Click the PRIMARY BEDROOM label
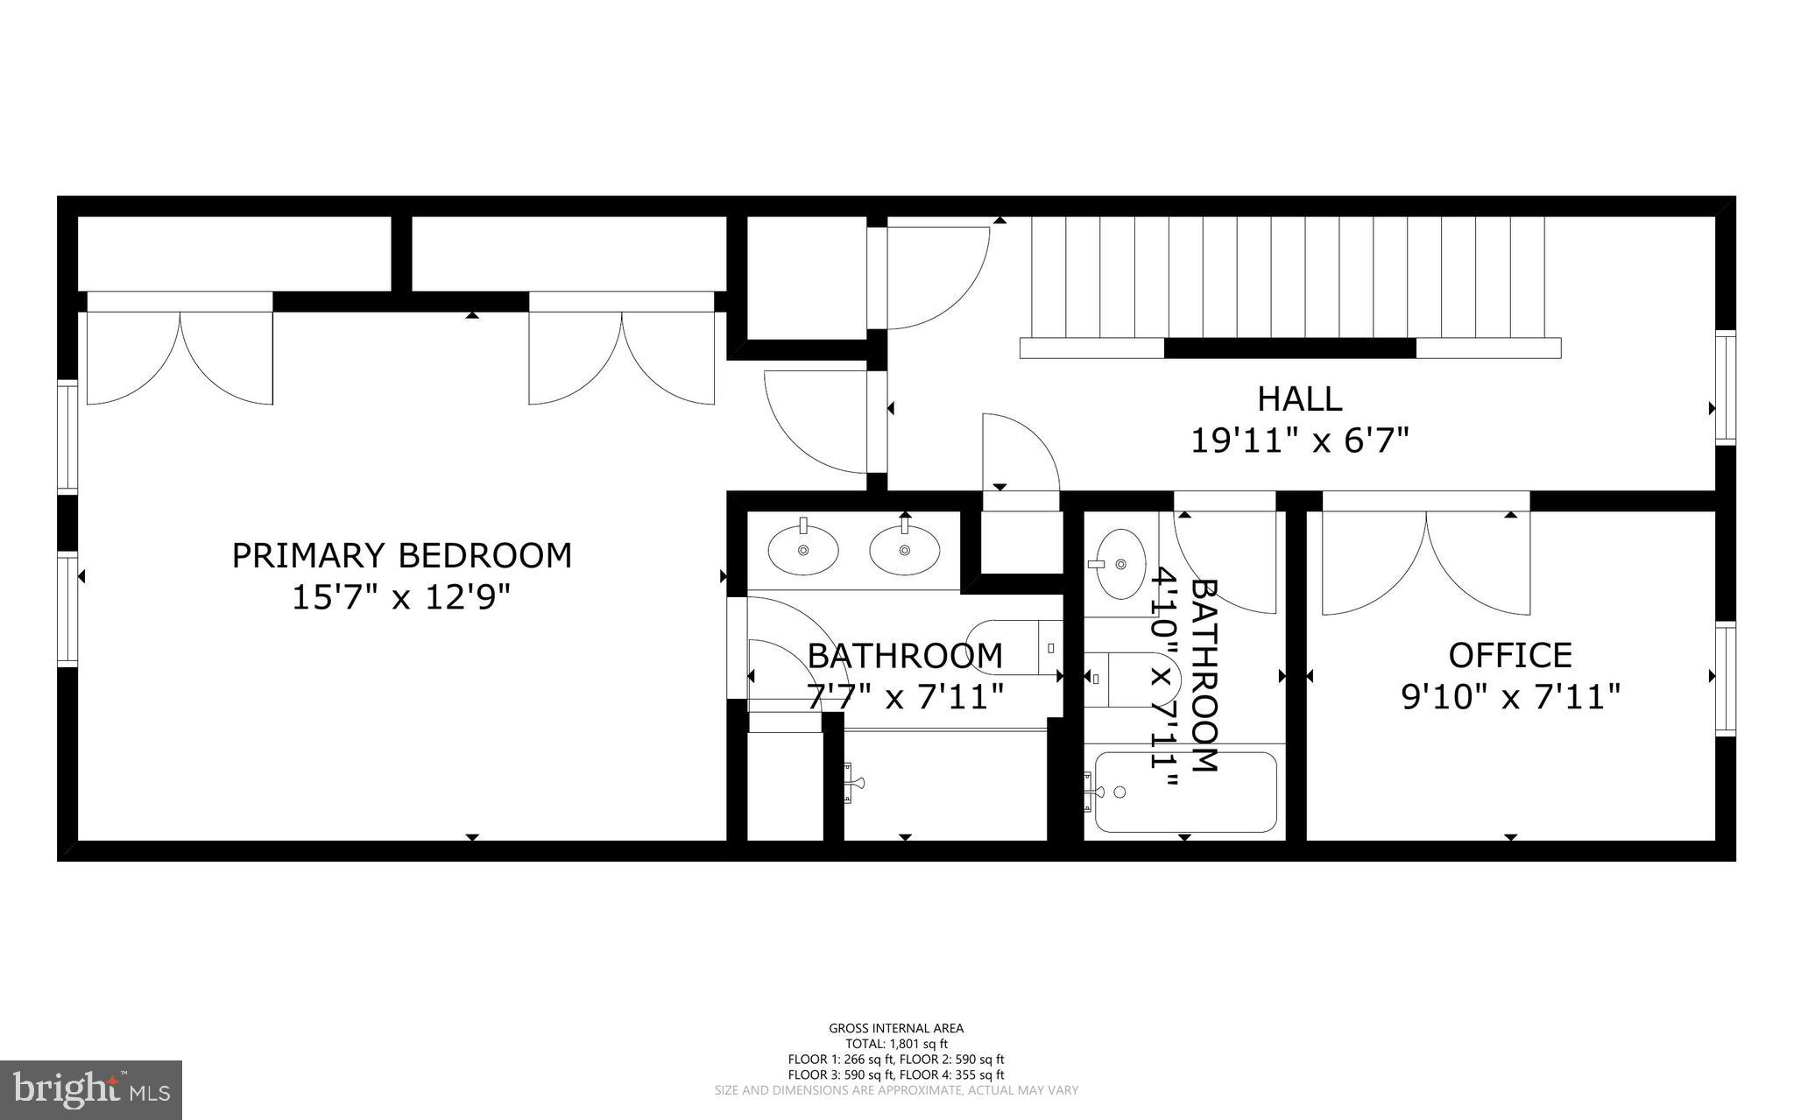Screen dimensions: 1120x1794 401,556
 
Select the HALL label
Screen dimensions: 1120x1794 1299,399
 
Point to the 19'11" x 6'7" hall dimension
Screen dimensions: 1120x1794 1299,440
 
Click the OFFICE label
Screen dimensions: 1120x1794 1510,655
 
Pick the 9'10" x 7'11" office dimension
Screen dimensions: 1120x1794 1510,698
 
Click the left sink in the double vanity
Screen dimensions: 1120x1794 803,549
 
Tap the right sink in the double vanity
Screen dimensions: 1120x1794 904,549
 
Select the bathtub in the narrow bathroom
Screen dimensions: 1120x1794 1184,792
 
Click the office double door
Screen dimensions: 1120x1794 1425,560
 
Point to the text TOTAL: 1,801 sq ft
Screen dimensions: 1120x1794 896,1044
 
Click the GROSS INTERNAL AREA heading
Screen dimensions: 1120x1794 896,1028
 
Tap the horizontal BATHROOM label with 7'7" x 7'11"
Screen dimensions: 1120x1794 904,656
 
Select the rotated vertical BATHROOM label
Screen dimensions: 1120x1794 1204,674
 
